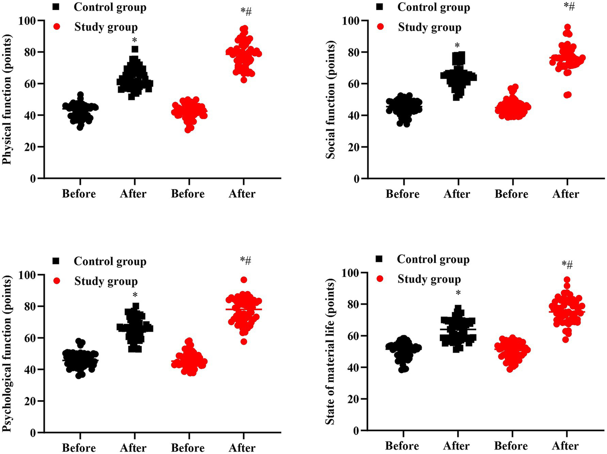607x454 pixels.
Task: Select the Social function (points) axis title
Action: tap(331, 100)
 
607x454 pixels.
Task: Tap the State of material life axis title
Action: tap(331, 352)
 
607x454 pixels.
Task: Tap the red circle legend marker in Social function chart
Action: tap(380, 27)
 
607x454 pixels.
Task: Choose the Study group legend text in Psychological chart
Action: tap(106, 281)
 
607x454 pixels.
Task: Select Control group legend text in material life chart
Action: tap(433, 259)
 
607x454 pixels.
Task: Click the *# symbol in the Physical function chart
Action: tap(246, 11)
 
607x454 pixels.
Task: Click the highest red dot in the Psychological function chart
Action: tap(244, 280)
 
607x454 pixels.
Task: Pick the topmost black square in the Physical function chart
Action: tap(135, 49)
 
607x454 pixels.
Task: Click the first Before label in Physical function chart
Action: tap(79, 194)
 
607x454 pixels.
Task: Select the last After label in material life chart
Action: tap(565, 446)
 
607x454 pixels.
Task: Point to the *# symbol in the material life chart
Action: tap(567, 264)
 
